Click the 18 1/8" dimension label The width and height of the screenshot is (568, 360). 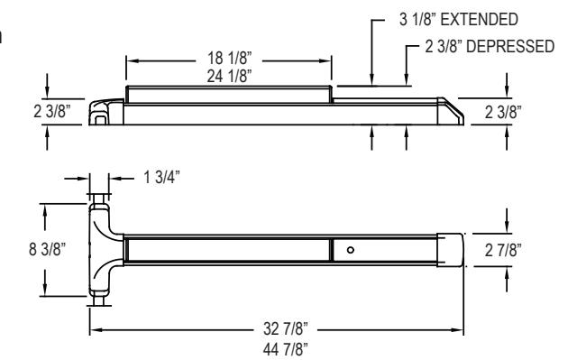click(229, 58)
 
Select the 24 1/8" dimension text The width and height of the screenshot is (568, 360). click(229, 76)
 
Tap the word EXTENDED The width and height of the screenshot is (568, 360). click(480, 19)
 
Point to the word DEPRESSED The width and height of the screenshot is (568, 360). click(510, 46)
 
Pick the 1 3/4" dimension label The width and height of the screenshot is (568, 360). click(162, 178)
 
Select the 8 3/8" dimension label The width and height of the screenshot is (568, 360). click(47, 249)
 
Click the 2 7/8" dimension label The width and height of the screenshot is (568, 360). click(503, 250)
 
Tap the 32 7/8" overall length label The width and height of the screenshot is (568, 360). click(286, 329)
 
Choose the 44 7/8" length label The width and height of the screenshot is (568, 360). click(286, 349)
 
